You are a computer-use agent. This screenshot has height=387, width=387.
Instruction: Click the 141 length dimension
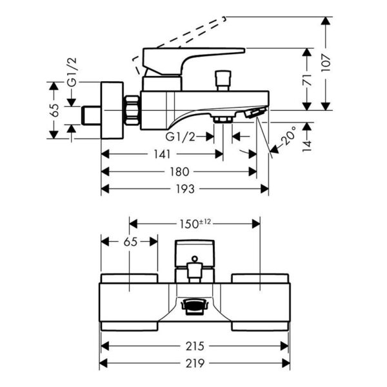tap(163, 154)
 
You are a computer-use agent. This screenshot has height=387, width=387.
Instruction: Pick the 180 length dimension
tap(179, 172)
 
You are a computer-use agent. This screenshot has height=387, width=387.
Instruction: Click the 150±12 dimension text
tap(195, 223)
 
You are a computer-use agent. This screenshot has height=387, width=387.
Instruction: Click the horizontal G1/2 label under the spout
tap(181, 136)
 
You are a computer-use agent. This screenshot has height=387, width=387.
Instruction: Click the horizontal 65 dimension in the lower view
tap(130, 242)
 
